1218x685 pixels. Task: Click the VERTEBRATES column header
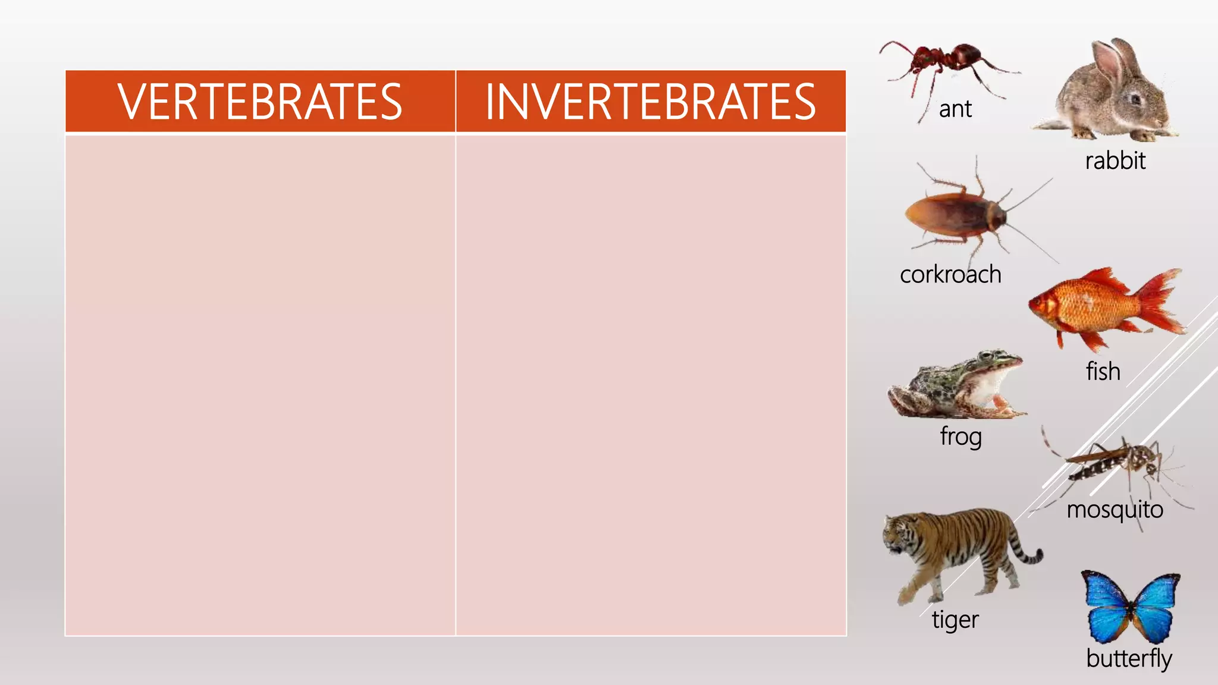pos(260,102)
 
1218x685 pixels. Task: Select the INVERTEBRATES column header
pos(651,102)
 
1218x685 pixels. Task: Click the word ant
pos(955,109)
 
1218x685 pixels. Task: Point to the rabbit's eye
pos(1135,98)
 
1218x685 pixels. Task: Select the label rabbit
pos(1115,161)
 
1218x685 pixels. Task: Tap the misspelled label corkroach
pos(950,275)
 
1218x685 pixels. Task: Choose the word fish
pos(1103,372)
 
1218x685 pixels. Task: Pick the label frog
pos(960,436)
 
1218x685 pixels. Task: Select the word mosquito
pos(1115,510)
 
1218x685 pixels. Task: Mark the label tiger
pos(955,620)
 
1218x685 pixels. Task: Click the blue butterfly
pos(1130,607)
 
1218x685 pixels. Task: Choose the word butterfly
pos(1129,658)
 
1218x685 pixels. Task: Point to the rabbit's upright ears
pos(1112,59)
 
